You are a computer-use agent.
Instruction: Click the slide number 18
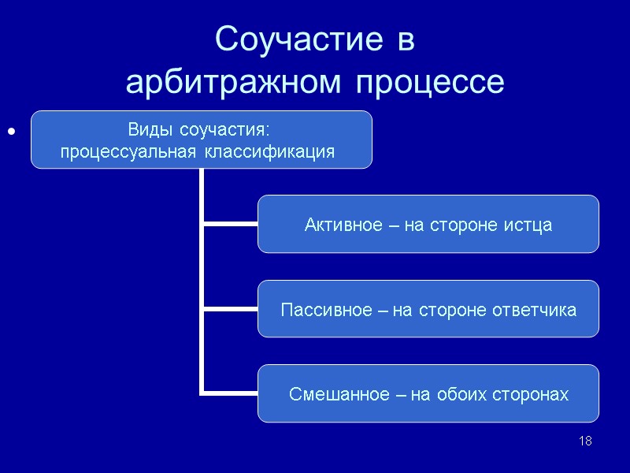click(x=585, y=441)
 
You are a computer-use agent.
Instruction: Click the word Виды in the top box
click(x=150, y=128)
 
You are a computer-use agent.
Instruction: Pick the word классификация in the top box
click(x=269, y=151)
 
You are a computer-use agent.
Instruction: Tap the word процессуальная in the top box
click(x=130, y=151)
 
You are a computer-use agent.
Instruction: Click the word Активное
click(x=337, y=225)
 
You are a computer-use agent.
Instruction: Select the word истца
click(x=530, y=225)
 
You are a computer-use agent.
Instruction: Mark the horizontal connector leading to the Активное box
click(x=230, y=224)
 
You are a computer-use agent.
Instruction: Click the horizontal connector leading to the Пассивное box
click(x=230, y=308)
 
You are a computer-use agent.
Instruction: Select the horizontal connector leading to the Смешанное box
click(x=230, y=392)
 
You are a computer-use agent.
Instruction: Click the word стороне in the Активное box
click(x=468, y=225)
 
